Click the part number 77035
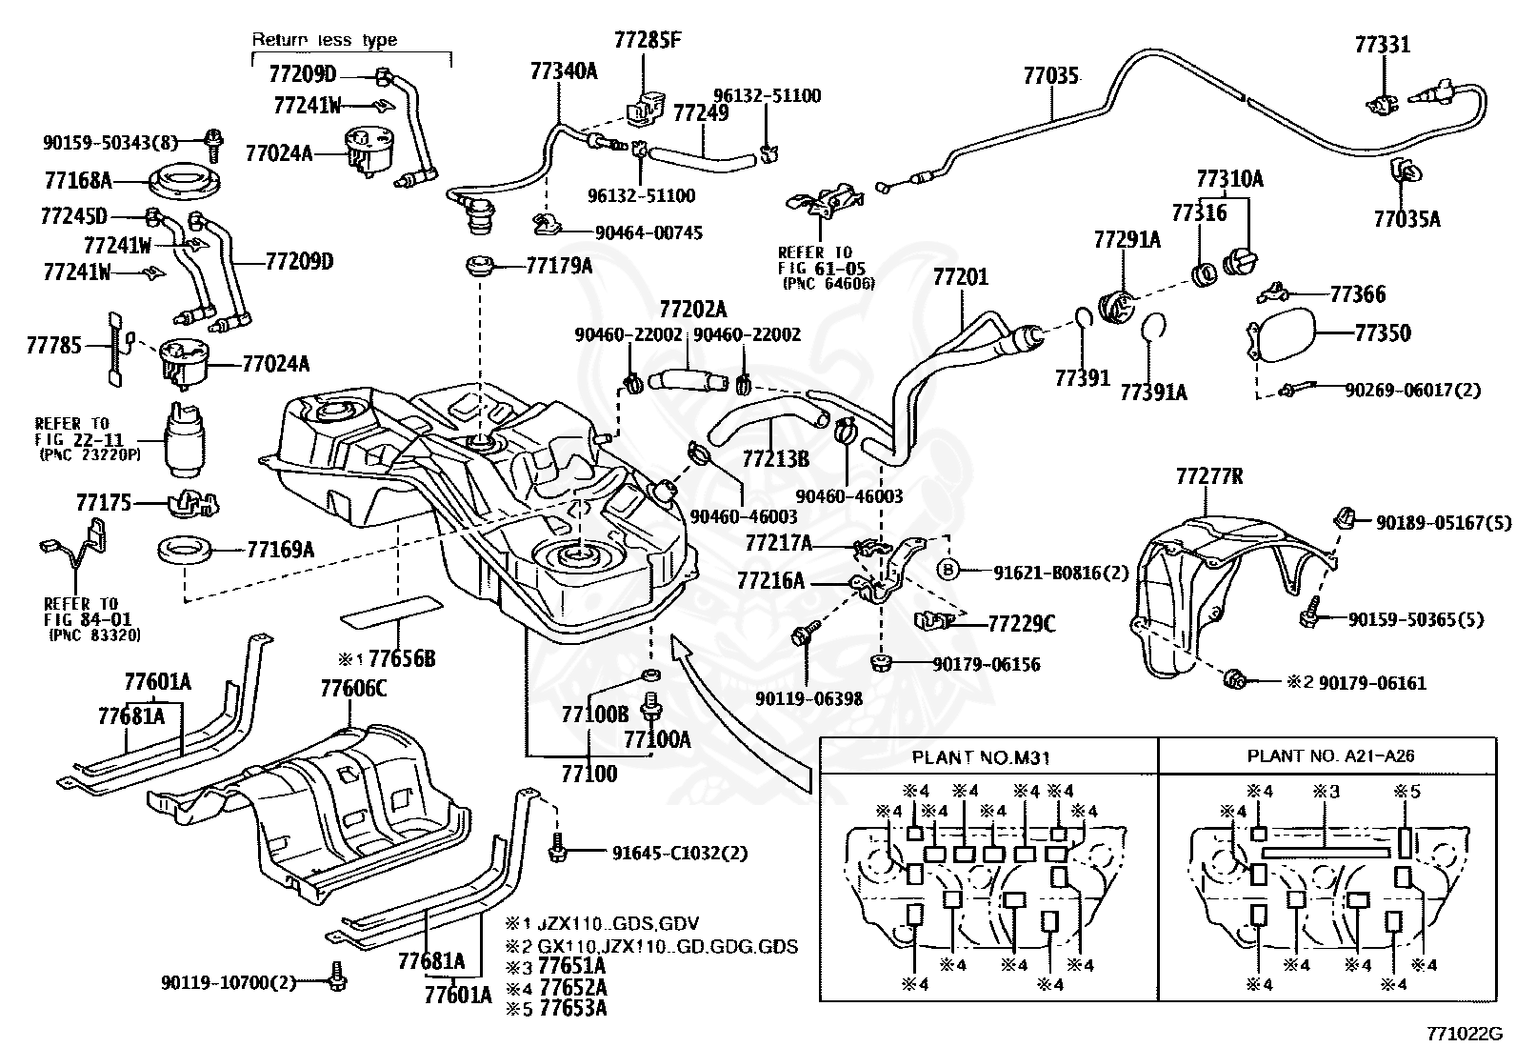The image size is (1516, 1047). point(1050,75)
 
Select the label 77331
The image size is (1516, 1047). point(1383,45)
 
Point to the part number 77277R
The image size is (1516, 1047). point(1209,476)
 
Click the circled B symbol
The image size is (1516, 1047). point(948,570)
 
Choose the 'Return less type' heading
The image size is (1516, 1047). point(325,39)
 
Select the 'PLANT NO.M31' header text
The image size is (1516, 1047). point(981,757)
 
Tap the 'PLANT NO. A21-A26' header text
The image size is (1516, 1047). point(1330,755)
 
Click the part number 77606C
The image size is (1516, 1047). point(353,689)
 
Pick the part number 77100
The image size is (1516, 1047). point(588,774)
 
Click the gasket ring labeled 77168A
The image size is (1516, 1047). point(184,182)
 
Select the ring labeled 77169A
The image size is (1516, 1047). point(184,550)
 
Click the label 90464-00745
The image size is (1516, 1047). point(649,233)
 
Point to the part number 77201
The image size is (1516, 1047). point(961,277)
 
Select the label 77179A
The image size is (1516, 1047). point(559,266)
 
